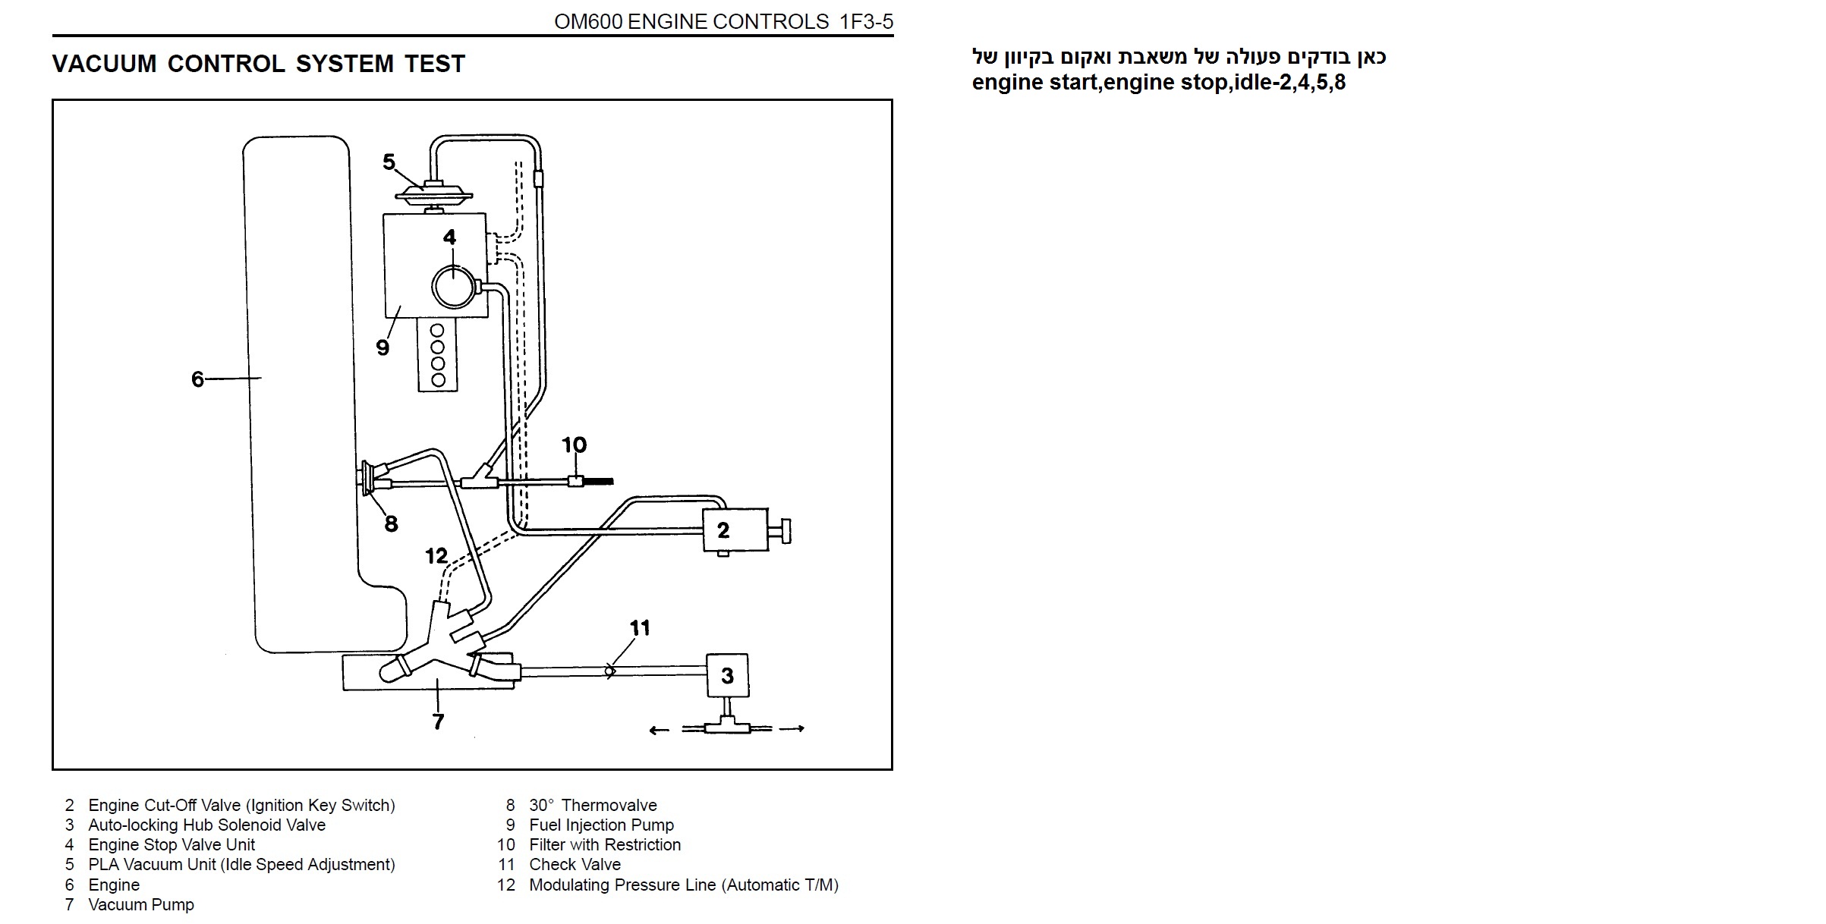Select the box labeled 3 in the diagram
pos(727,675)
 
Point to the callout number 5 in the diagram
pos(389,162)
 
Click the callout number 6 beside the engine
pos(197,379)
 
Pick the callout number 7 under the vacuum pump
pos(438,721)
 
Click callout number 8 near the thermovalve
pos(391,523)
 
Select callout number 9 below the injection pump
pos(383,347)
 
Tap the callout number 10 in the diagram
pos(574,445)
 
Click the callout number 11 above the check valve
pos(640,627)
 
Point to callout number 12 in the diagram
pos(436,556)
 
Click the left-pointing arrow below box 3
pos(659,731)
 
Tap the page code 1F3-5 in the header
pos(866,22)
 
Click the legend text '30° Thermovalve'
pos(593,805)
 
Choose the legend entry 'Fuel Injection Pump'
pos(601,825)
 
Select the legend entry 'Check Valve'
pos(575,864)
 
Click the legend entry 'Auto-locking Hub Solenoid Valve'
pos(206,825)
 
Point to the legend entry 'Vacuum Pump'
pos(141,904)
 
